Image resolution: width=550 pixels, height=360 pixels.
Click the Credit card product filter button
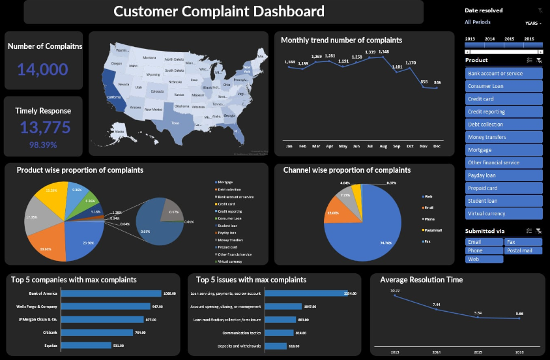tap(504, 99)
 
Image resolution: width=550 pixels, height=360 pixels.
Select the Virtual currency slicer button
tap(504, 213)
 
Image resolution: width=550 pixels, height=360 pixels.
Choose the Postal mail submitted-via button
tap(523, 250)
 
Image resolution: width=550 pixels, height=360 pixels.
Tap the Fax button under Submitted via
tap(523, 242)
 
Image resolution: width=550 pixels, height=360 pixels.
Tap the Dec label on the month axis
tap(437, 147)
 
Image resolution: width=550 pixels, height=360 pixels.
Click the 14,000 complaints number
tap(42, 70)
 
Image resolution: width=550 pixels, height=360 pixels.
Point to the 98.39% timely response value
tap(43, 145)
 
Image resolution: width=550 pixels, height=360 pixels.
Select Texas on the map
tap(175, 122)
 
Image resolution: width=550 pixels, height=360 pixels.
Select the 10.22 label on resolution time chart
tap(395, 291)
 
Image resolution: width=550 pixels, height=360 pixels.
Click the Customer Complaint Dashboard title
tap(218, 12)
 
